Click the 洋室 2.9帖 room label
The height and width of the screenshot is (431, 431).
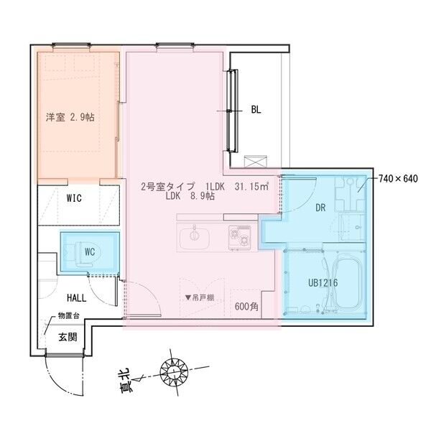[70, 117]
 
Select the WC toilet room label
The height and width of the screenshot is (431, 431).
[90, 251]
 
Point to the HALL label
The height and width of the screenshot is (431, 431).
[78, 297]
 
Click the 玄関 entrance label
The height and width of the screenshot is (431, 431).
[68, 336]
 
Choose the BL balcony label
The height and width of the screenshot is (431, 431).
[256, 110]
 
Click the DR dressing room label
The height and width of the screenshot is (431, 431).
[321, 208]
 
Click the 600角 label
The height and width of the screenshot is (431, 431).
[246, 305]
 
